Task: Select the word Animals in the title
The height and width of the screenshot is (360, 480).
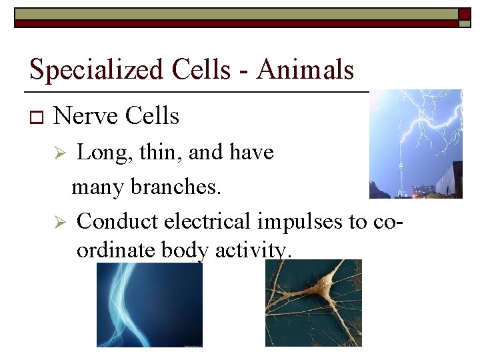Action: tap(305, 69)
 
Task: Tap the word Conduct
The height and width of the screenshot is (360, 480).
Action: tap(117, 221)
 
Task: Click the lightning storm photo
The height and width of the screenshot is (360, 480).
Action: tap(416, 144)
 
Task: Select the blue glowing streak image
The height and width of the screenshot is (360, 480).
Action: tap(149, 305)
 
